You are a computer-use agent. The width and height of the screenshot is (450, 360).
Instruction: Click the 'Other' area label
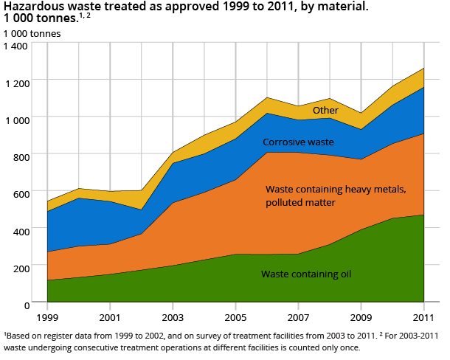click(x=325, y=111)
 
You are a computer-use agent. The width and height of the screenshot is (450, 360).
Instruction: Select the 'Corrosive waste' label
click(x=298, y=142)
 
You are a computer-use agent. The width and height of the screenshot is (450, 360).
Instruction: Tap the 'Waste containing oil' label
click(x=305, y=274)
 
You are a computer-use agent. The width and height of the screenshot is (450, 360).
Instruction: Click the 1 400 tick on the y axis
click(x=15, y=46)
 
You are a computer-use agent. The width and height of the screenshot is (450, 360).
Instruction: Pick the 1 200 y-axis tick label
click(x=15, y=83)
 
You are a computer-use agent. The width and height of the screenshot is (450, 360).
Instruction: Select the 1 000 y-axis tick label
click(x=15, y=120)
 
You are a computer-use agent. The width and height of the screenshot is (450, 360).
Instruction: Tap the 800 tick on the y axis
click(x=19, y=156)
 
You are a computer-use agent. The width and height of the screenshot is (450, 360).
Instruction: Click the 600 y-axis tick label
click(x=19, y=193)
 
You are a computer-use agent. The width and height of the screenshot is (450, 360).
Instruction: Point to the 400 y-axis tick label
click(x=19, y=230)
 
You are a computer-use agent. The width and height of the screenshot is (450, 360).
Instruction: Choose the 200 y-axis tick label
click(x=19, y=267)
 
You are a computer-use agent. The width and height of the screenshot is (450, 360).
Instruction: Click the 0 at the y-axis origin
click(x=25, y=304)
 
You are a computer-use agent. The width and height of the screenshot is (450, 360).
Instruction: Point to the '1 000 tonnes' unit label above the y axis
click(x=32, y=33)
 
